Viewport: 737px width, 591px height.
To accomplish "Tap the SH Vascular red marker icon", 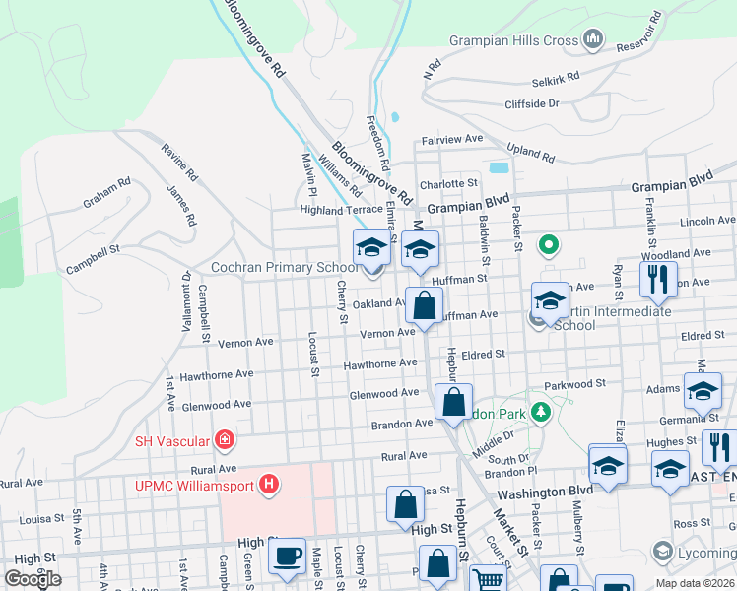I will coord(225,439).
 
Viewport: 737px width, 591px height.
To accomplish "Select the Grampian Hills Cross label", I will coord(513,40).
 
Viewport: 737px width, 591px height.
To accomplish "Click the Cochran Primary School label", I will coord(284,267).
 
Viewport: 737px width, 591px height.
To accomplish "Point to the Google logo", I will coord(33,578).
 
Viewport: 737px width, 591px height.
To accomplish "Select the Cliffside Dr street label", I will coord(531,103).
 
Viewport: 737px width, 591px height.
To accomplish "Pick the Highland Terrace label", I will coord(341,210).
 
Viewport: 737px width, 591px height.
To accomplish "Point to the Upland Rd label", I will coord(532,154).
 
